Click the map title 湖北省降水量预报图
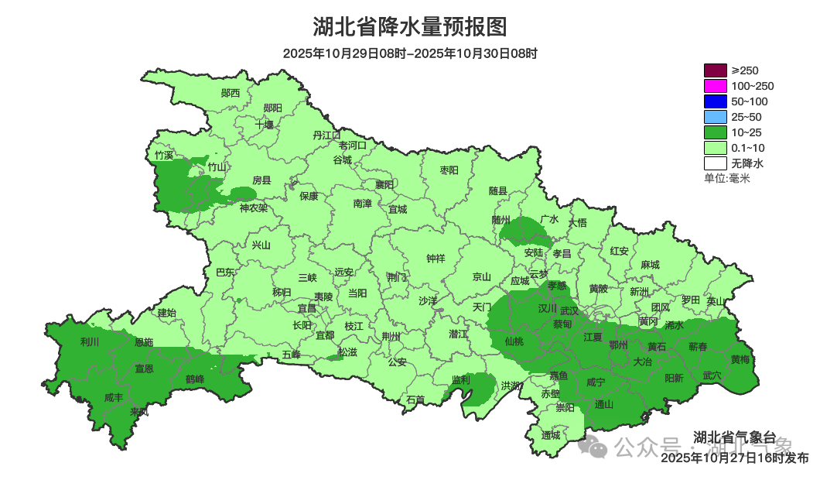pyautogui.click(x=409, y=27)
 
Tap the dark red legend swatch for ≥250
pyautogui.click(x=716, y=70)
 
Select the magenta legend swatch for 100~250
pyautogui.click(x=716, y=86)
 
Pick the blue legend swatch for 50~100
pyautogui.click(x=716, y=101)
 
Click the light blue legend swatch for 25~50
pyautogui.click(x=716, y=117)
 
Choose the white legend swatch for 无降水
pyautogui.click(x=716, y=163)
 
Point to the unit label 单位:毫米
pyautogui.click(x=727, y=178)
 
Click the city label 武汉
pyautogui.click(x=569, y=310)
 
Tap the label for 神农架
pyautogui.click(x=253, y=207)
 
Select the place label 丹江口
pyautogui.click(x=326, y=135)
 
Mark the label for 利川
pyautogui.click(x=91, y=341)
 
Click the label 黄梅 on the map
pyautogui.click(x=740, y=359)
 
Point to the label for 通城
pyautogui.click(x=551, y=434)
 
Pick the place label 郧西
pyautogui.click(x=231, y=93)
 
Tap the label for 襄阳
pyautogui.click(x=384, y=184)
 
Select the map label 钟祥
pyautogui.click(x=436, y=259)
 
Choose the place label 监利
pyautogui.click(x=461, y=379)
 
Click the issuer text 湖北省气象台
pyautogui.click(x=734, y=437)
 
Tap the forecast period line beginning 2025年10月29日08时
pyautogui.click(x=409, y=53)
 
